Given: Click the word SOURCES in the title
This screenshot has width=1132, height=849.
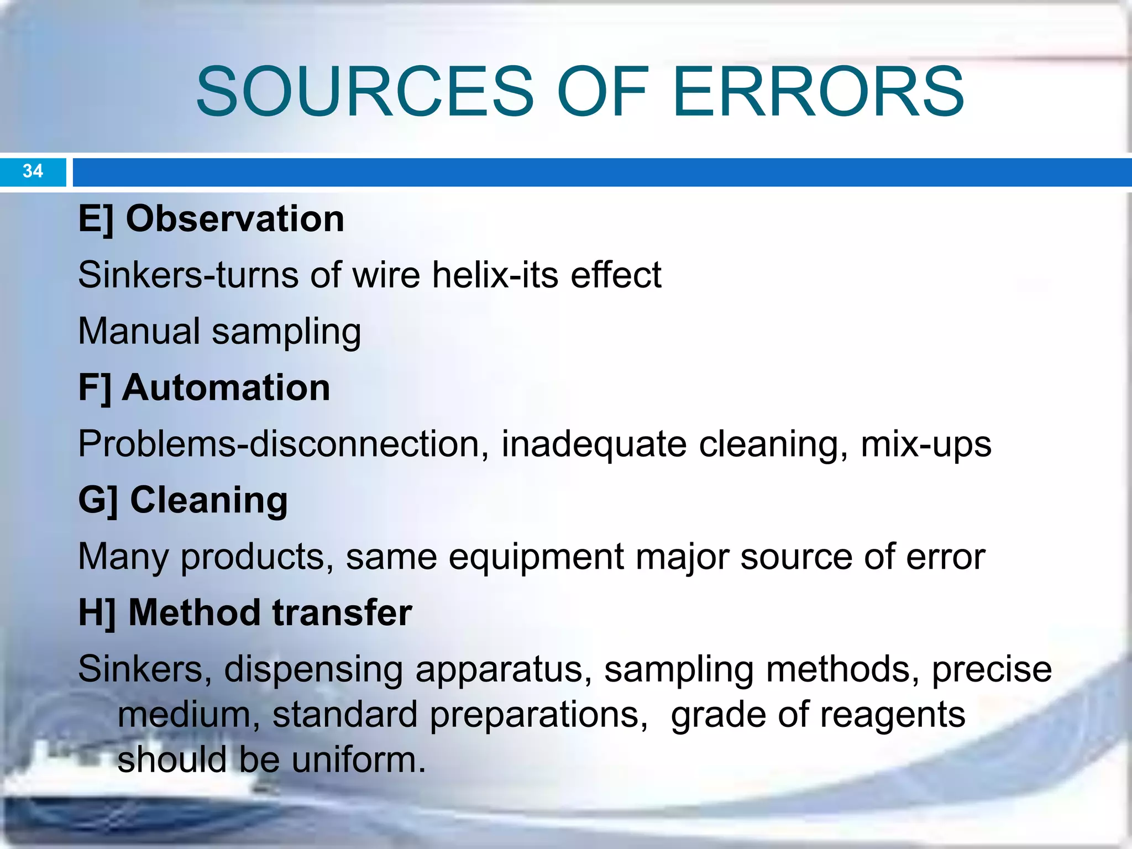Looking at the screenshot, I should (x=365, y=92).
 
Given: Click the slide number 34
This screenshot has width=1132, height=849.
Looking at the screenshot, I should (x=33, y=171).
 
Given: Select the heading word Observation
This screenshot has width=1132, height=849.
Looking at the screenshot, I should (x=235, y=219).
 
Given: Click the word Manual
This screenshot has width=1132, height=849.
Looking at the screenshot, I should (x=139, y=331).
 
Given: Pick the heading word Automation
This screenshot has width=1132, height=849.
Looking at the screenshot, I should (x=226, y=387).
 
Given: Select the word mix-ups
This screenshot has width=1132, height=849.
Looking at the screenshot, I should (x=926, y=445).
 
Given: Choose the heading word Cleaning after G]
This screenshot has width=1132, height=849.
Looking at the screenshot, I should (x=209, y=500).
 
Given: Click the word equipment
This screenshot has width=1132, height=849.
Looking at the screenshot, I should (x=536, y=557).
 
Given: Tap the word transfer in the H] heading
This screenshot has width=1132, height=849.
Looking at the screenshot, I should (x=342, y=613).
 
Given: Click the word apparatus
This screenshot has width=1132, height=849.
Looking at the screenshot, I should (x=499, y=670).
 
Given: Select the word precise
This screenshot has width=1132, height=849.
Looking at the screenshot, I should (x=992, y=670).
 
